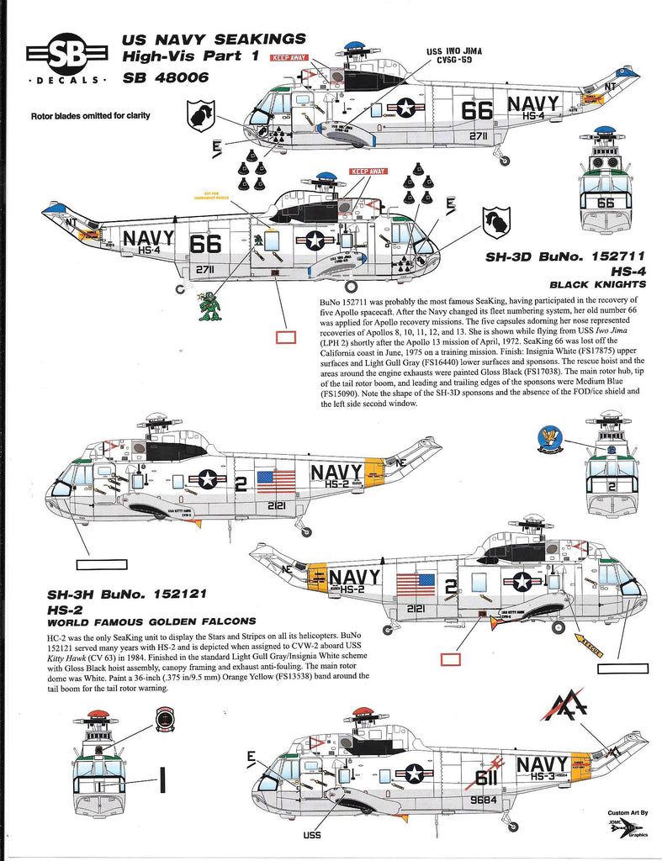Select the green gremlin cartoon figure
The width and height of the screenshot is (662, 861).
tap(209, 305)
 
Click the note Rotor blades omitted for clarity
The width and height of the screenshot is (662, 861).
tap(91, 115)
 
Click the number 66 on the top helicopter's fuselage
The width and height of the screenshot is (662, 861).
tap(477, 109)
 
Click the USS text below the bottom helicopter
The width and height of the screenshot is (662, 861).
tap(312, 836)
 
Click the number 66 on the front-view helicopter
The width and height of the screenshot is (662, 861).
tap(606, 203)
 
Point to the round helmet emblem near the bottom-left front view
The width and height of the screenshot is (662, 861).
tap(166, 721)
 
